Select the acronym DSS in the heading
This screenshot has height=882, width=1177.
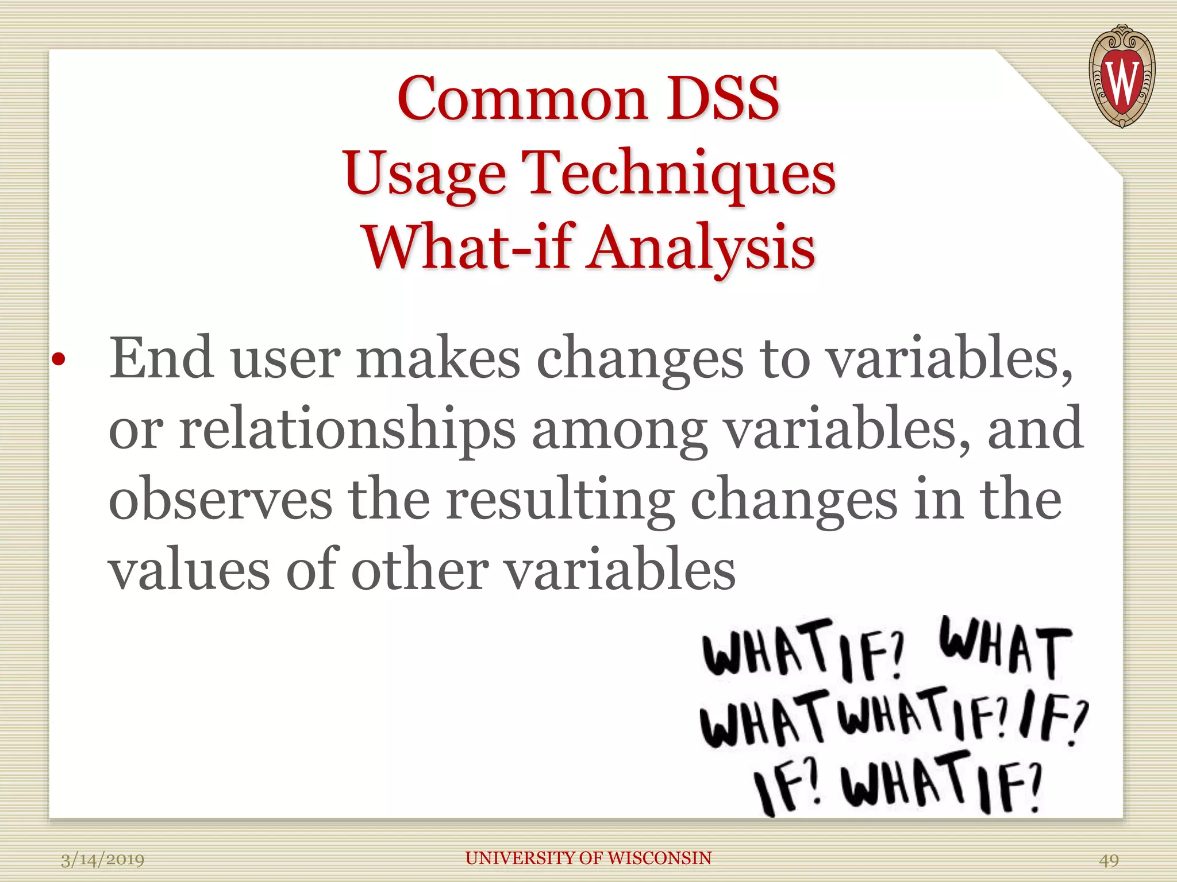[x=722, y=99]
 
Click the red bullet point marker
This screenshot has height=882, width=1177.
[x=58, y=361]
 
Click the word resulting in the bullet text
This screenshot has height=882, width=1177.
[x=560, y=498]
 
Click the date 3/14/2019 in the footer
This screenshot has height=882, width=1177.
[x=102, y=860]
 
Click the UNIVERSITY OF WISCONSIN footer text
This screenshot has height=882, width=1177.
[x=588, y=858]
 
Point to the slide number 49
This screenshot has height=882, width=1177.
[x=1109, y=860]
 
